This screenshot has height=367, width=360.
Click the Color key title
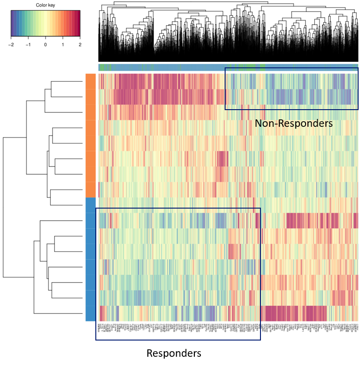tap(45, 5)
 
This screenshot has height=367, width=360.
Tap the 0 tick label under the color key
tap(45, 45)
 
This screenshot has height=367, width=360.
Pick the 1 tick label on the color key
tap(63, 45)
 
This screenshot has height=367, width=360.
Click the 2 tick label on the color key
tap(80, 45)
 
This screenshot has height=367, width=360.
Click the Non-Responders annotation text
tap(293, 124)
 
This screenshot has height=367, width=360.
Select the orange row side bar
tap(90, 135)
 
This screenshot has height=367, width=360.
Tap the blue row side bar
tap(90, 259)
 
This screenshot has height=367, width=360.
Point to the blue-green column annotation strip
tap(228, 67)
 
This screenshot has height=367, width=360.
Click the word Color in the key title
tap(40, 5)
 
